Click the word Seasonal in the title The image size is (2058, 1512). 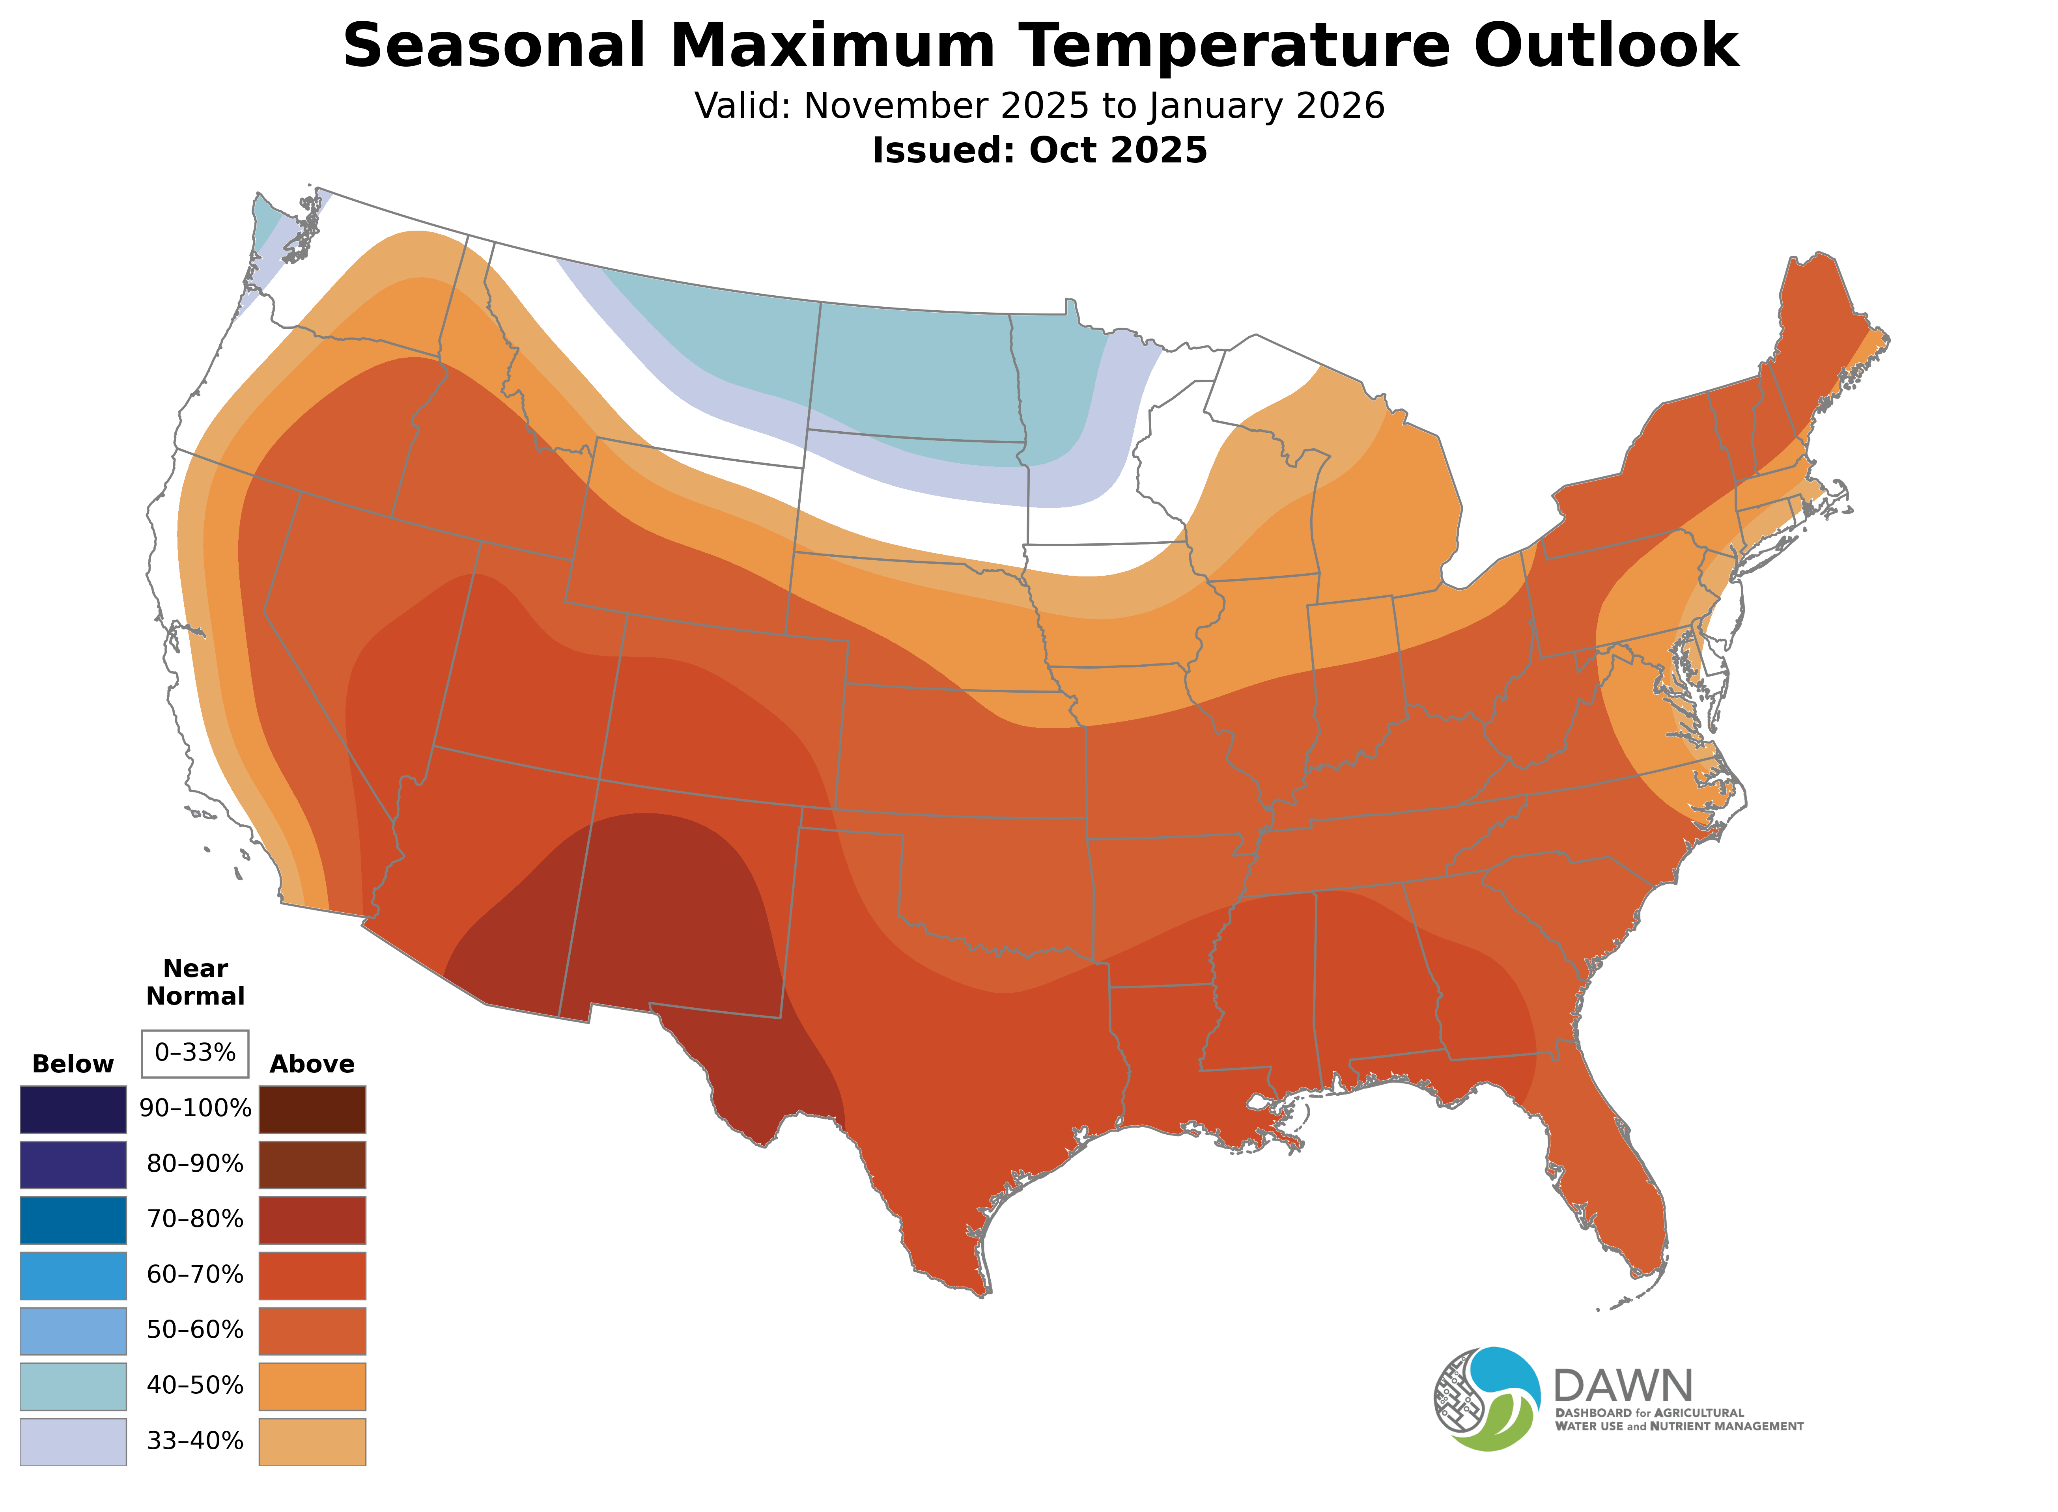(x=494, y=46)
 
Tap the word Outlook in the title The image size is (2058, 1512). (x=1607, y=46)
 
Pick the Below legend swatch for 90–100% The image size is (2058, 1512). (x=73, y=1109)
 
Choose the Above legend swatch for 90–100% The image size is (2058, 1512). (x=312, y=1109)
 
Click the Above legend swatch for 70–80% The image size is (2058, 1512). (x=312, y=1220)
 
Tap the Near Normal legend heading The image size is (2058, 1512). (x=195, y=982)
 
